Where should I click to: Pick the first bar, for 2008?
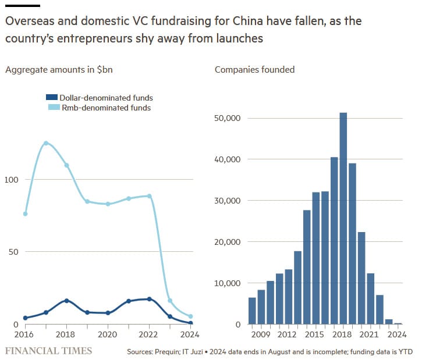(x=252, y=311)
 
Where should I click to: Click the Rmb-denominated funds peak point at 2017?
(x=46, y=143)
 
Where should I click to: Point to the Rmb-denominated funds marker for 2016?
(x=25, y=214)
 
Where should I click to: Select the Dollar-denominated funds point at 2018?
(x=66, y=301)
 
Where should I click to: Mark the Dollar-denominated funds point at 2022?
(x=150, y=299)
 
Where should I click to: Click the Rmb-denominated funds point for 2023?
(x=170, y=301)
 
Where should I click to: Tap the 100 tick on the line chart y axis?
(x=11, y=180)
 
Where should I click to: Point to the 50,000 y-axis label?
(x=229, y=118)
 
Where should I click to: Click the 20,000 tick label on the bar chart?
(x=229, y=242)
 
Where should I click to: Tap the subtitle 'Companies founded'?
(x=255, y=70)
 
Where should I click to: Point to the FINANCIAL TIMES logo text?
(x=48, y=351)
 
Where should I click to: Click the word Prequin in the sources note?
(x=175, y=352)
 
